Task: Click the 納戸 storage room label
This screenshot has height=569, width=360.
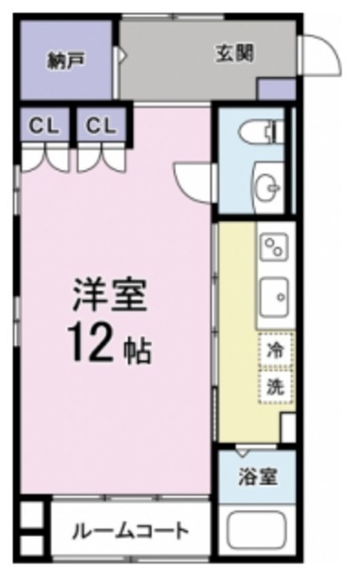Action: coord(66,60)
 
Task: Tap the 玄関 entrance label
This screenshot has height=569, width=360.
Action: coord(235,53)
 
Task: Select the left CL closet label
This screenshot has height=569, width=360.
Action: coord(44,126)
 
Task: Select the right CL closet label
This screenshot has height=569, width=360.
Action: coord(100,126)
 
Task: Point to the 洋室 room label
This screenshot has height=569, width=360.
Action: coord(109,295)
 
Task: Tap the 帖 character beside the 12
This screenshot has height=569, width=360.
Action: coord(138,352)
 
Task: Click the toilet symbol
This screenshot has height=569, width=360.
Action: coord(261,132)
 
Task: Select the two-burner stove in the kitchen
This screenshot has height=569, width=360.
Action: coord(275,247)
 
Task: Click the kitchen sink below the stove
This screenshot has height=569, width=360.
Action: coord(275,298)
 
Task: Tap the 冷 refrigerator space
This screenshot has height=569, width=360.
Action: coord(276,350)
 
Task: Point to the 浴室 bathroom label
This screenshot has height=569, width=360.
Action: coord(258,477)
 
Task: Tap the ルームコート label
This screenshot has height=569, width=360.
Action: coord(131,532)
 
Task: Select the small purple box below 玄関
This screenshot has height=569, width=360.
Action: coord(276,89)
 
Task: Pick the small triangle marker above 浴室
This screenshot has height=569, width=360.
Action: coord(242,453)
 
